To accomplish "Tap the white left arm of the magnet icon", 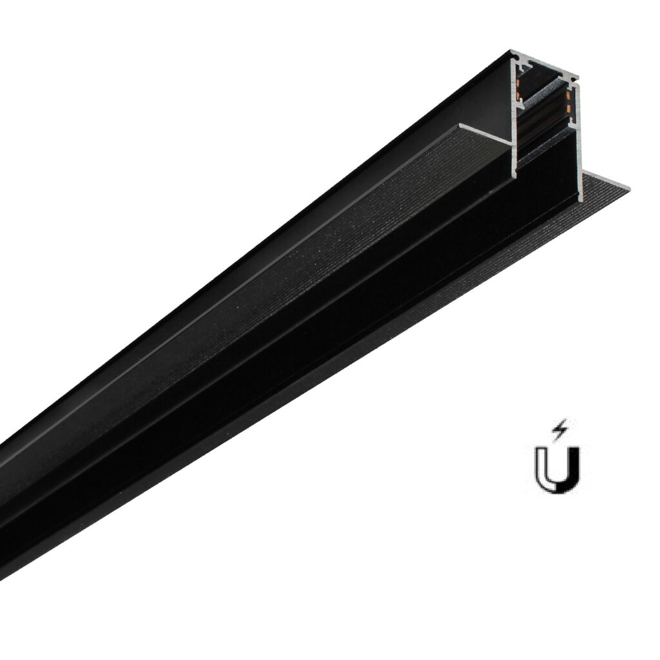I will [540, 464].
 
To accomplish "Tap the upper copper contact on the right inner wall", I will [568, 94].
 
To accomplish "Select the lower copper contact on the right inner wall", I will [568, 108].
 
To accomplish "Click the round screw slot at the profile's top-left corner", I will [516, 57].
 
